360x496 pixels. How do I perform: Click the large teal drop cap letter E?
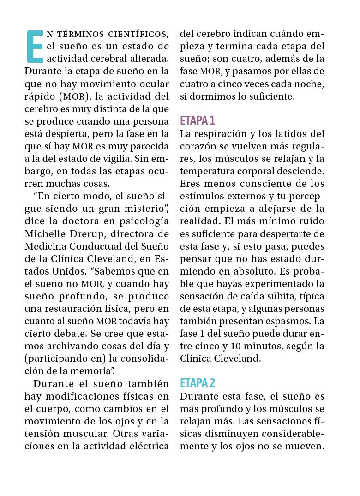[36, 47]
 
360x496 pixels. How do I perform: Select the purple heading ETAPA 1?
[198, 121]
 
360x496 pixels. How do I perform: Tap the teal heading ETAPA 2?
[198, 383]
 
